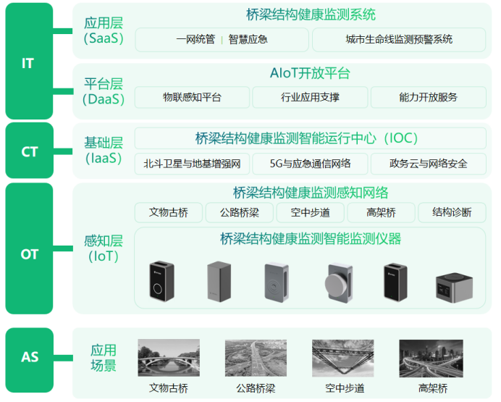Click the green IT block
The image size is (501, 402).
pos(28,62)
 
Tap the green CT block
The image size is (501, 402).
pos(28,152)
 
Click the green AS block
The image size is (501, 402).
pos(28,357)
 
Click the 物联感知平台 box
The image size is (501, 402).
pos(192,97)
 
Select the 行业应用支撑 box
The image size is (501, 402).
pos(310,97)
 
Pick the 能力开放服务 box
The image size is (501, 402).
pos(428,97)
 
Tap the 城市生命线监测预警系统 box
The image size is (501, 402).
pos(398,39)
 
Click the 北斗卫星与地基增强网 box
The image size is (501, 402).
pos(192,164)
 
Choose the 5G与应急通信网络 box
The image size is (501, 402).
pos(310,164)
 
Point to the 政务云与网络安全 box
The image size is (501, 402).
pos(428,164)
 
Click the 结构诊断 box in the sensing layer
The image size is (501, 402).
pos(452,212)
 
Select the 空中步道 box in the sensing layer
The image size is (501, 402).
pos(310,212)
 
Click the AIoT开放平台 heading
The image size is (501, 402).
pos(310,73)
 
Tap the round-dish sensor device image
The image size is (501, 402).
pos(339,281)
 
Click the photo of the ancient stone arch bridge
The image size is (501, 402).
pos(168,357)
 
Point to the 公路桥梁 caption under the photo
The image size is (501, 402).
pos(256,388)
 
